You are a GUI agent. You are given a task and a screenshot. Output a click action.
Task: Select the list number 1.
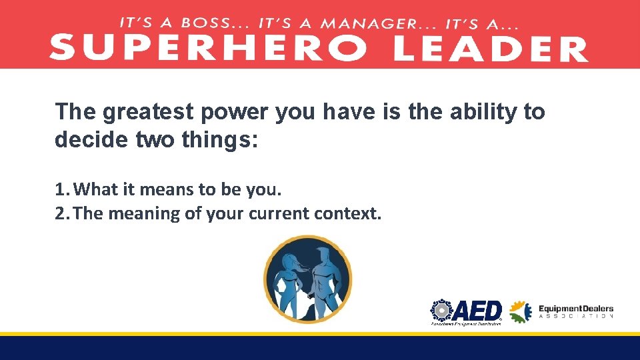(61, 190)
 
